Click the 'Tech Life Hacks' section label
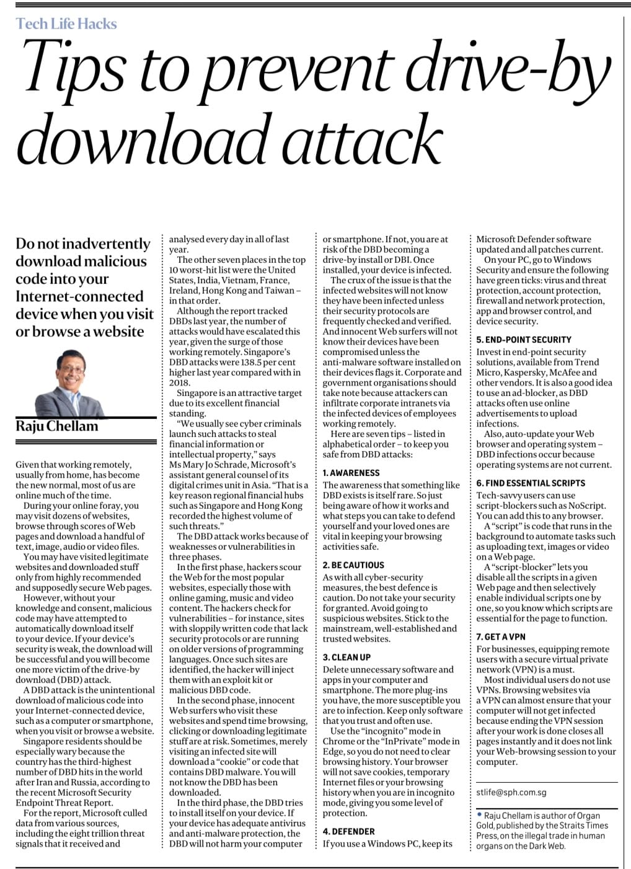coord(66,24)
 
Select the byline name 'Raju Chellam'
coord(57,426)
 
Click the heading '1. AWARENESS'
coord(351,473)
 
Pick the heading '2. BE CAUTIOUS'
coord(353,565)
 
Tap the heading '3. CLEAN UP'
coord(347,658)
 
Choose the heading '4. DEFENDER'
coord(348,832)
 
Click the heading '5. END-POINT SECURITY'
coord(524,340)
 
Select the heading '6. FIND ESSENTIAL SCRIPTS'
coord(531,483)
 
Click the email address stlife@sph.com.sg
coord(511,792)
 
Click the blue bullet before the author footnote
coord(480,816)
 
